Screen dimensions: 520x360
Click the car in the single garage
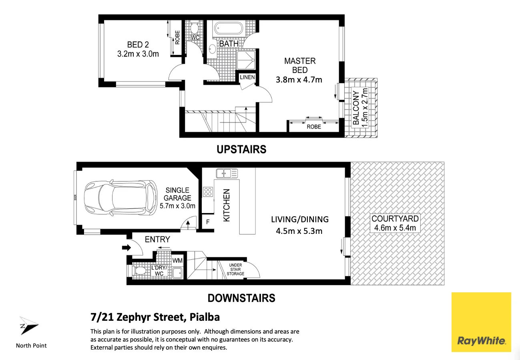point(121,198)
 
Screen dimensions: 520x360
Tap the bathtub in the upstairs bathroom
point(228,29)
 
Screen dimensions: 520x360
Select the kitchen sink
point(227,173)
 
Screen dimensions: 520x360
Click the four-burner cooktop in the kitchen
point(208,192)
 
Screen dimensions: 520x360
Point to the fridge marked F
point(208,222)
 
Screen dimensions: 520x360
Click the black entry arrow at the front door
point(126,247)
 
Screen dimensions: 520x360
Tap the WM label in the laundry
point(177,261)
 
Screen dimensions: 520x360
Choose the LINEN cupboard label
point(247,77)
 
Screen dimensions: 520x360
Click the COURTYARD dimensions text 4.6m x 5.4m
point(395,228)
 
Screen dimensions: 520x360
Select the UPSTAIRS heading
point(241,149)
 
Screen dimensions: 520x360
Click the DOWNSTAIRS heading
point(241,298)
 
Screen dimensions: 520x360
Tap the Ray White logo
point(481,322)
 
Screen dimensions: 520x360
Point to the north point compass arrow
point(28,326)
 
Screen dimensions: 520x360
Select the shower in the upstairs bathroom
point(246,60)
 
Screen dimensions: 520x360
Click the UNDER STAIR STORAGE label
point(235,269)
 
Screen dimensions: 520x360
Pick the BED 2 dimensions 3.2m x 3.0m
point(138,54)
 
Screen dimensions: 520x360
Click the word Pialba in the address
point(205,317)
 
